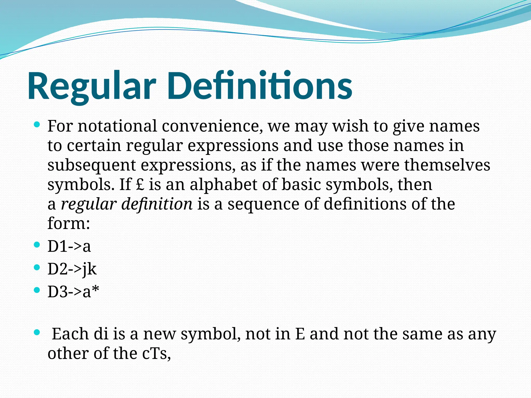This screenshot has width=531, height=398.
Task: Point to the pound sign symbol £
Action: tap(140, 185)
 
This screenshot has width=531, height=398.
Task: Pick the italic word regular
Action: tap(88, 204)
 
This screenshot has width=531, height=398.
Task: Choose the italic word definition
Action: tap(157, 204)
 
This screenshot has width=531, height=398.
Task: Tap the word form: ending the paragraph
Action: tap(69, 223)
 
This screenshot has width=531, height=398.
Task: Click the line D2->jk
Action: tap(72, 269)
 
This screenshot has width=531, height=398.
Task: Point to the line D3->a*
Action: tap(73, 292)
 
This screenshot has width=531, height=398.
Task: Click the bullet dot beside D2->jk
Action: tap(37, 267)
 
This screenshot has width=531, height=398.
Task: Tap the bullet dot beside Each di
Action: tap(37, 332)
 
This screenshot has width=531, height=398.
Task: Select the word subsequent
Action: tap(92, 165)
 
